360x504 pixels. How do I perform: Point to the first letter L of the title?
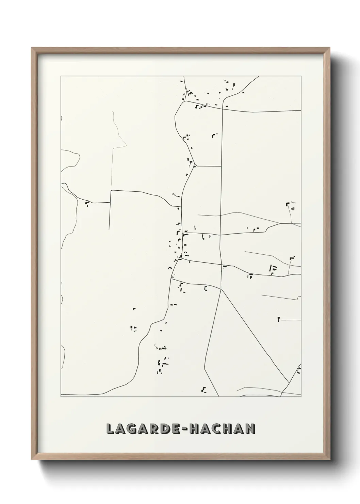click(x=110, y=429)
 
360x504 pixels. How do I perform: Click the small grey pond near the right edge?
click(x=293, y=208)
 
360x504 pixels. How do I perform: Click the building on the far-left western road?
click(x=86, y=204)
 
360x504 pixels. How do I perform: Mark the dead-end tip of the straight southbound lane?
click(x=109, y=229)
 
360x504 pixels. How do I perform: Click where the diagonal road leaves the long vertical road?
click(x=222, y=290)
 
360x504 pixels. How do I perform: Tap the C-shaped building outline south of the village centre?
click(x=206, y=288)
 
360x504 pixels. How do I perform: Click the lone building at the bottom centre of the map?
click(x=204, y=389)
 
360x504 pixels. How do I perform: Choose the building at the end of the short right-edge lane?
click(x=279, y=319)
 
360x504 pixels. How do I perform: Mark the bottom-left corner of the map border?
click(x=61, y=397)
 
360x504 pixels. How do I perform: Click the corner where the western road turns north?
click(x=111, y=191)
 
